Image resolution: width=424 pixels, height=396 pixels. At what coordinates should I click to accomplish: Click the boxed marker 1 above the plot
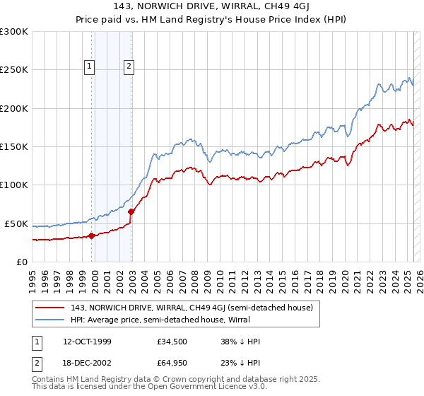tap(90, 67)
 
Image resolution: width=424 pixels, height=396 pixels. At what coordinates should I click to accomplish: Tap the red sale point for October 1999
tap(91, 236)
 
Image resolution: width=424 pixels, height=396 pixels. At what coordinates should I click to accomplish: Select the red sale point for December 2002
tap(131, 211)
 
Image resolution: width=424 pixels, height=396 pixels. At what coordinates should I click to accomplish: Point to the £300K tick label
tap(14, 32)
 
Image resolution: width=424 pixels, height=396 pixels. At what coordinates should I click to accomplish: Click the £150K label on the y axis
tap(14, 146)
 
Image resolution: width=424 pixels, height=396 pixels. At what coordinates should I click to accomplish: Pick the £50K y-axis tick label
tap(16, 223)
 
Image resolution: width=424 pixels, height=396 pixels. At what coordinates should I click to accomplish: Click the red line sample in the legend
tap(50, 306)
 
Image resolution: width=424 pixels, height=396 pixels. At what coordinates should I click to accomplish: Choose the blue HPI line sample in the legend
tap(50, 320)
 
